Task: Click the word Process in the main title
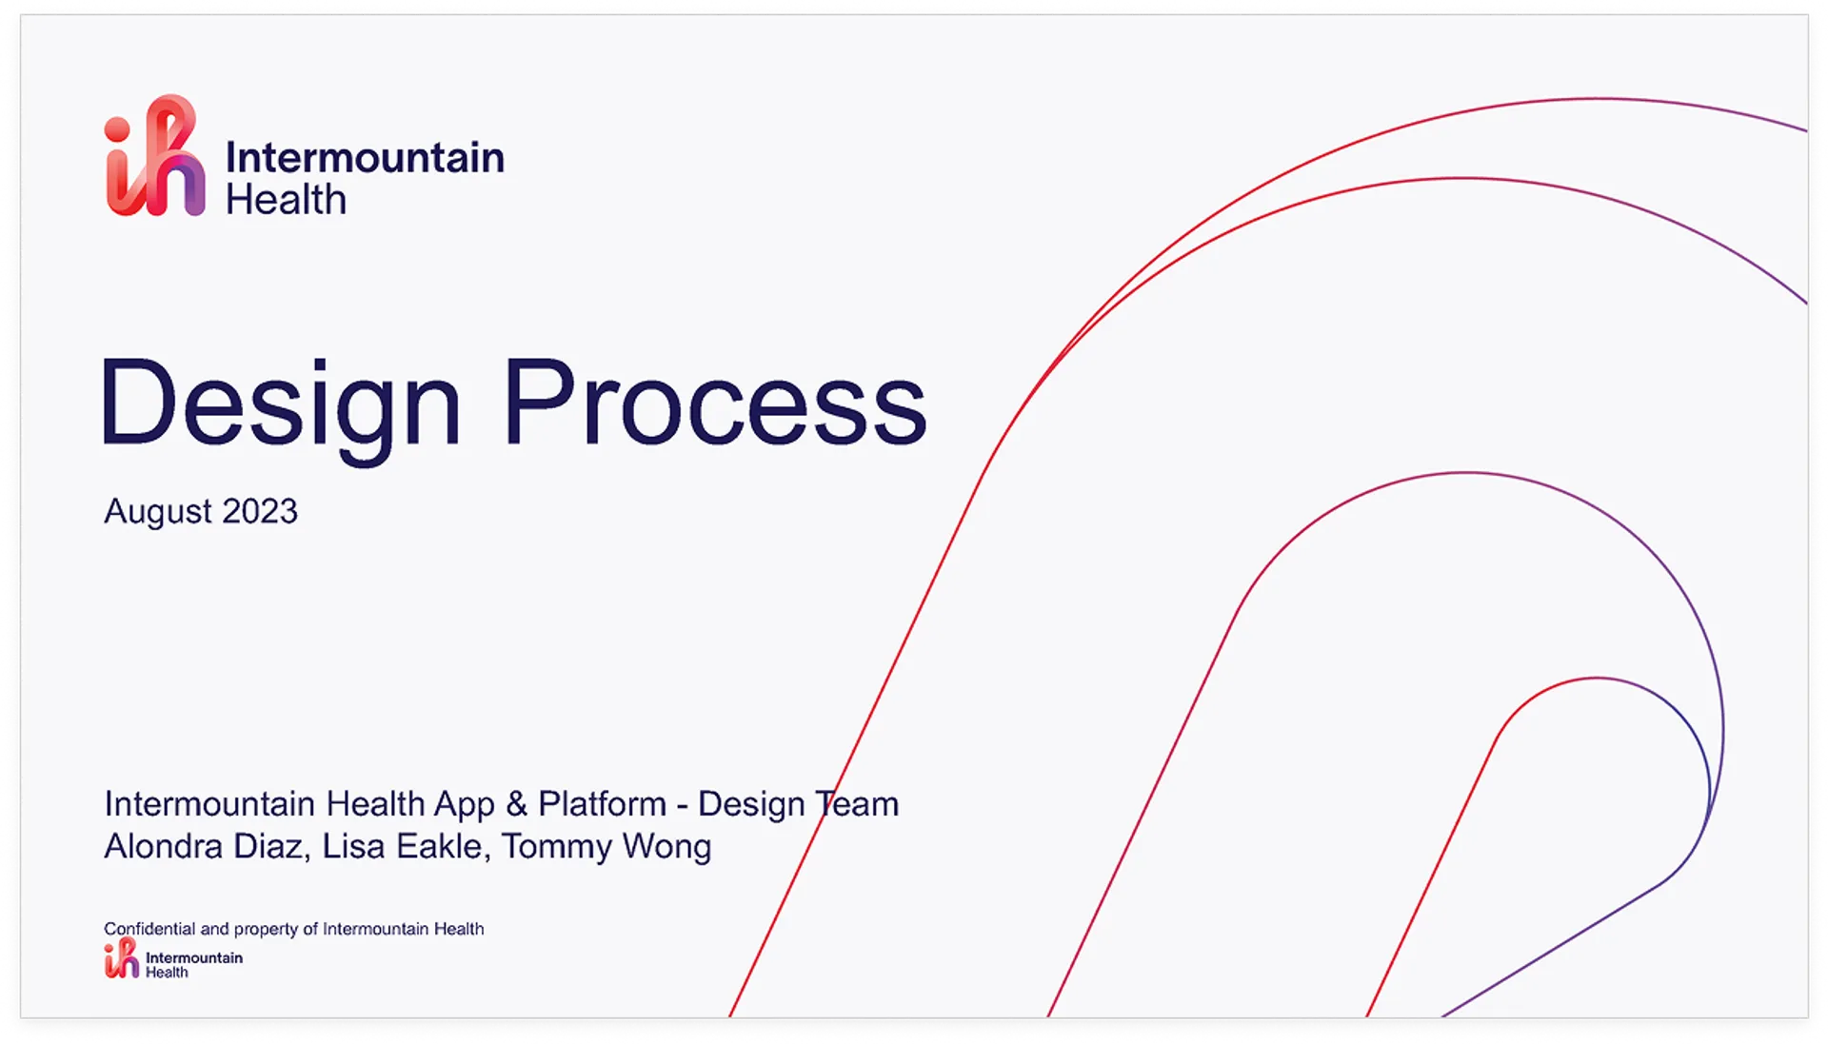[x=715, y=401]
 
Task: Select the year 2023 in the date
[x=260, y=511]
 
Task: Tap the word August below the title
[x=159, y=513]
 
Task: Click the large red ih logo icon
[x=155, y=155]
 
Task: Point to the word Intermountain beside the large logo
[x=365, y=157]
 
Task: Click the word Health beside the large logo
[x=286, y=200]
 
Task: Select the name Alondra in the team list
[x=164, y=846]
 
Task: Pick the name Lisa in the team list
[x=353, y=846]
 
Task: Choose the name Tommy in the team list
[x=557, y=848]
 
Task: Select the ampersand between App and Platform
[x=516, y=804]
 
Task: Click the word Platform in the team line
[x=602, y=804]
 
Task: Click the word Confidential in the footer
[x=149, y=929]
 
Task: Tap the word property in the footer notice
[x=266, y=930]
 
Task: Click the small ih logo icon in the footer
[x=121, y=957]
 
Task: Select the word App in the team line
[x=465, y=806]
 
